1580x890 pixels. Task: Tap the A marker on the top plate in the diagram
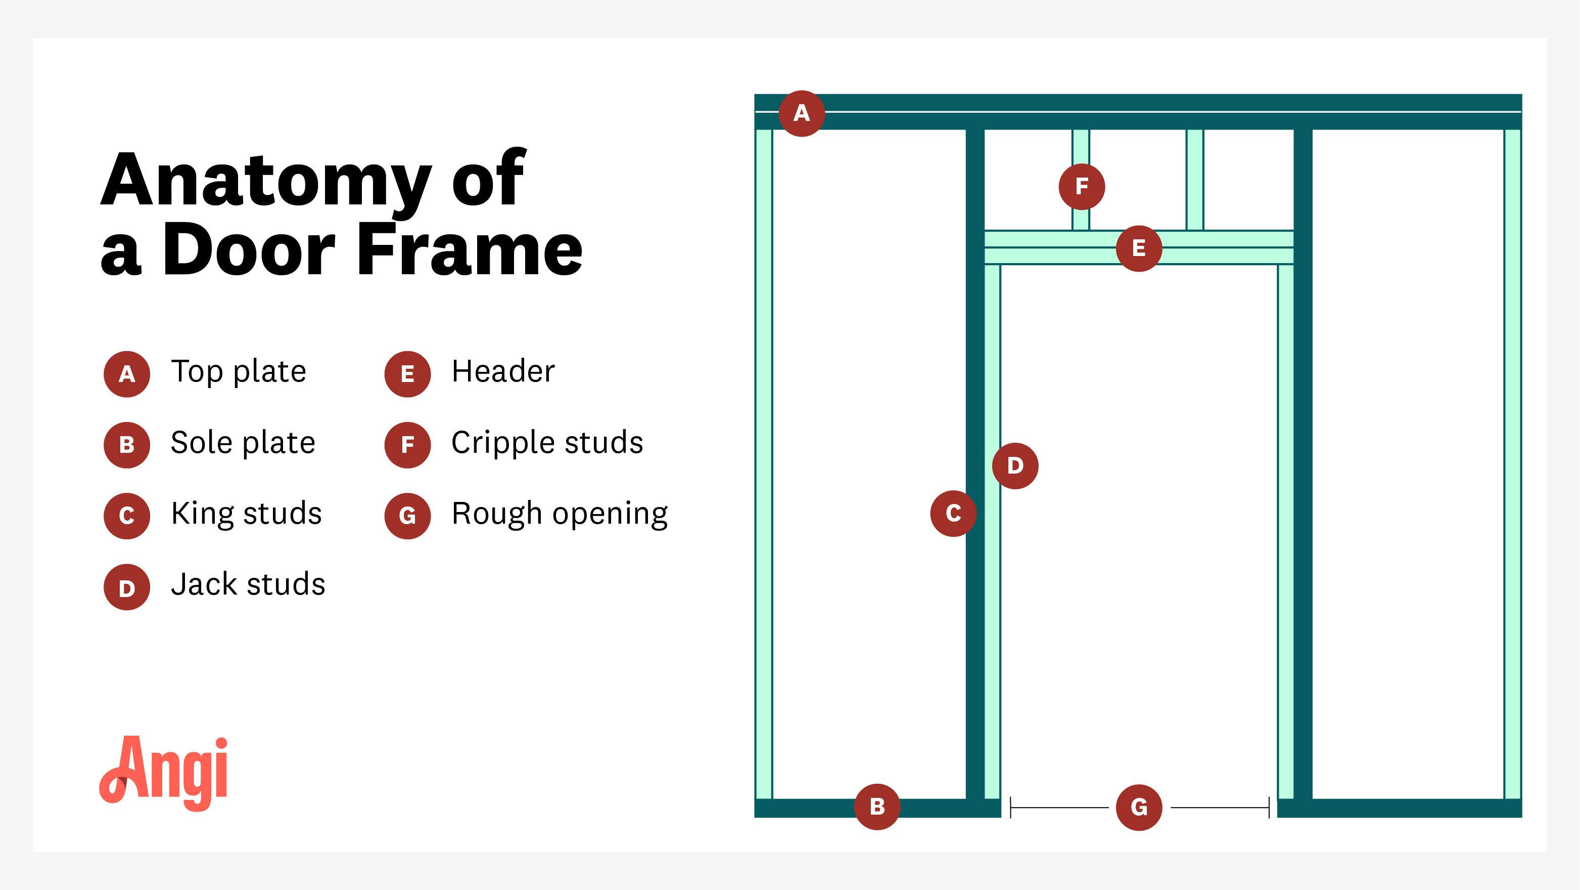(801, 113)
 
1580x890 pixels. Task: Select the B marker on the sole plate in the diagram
(877, 807)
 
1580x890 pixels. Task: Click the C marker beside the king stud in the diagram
(953, 513)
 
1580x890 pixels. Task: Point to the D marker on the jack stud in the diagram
(1015, 466)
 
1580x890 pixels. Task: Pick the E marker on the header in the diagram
(1138, 248)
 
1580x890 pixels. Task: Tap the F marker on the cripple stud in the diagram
(1081, 187)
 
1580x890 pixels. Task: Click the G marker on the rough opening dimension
(1138, 807)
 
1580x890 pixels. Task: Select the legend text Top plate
(239, 372)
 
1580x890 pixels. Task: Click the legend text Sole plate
(243, 443)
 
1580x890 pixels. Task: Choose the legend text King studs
(246, 514)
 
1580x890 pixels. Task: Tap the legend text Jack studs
(248, 584)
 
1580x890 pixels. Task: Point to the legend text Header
(503, 372)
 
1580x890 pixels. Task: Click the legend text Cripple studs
(547, 443)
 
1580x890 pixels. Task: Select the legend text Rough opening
(560, 514)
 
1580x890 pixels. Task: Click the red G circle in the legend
(407, 516)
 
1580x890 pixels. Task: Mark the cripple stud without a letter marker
(1194, 179)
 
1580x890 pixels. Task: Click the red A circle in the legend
(127, 374)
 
